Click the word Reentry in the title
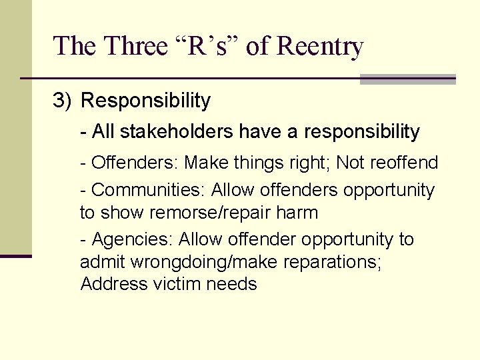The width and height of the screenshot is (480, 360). [x=319, y=46]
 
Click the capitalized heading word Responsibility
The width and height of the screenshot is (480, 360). [x=145, y=101]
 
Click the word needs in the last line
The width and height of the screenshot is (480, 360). [x=231, y=284]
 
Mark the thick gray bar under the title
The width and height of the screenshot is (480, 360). [x=407, y=79]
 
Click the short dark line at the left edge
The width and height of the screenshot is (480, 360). [x=15, y=255]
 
